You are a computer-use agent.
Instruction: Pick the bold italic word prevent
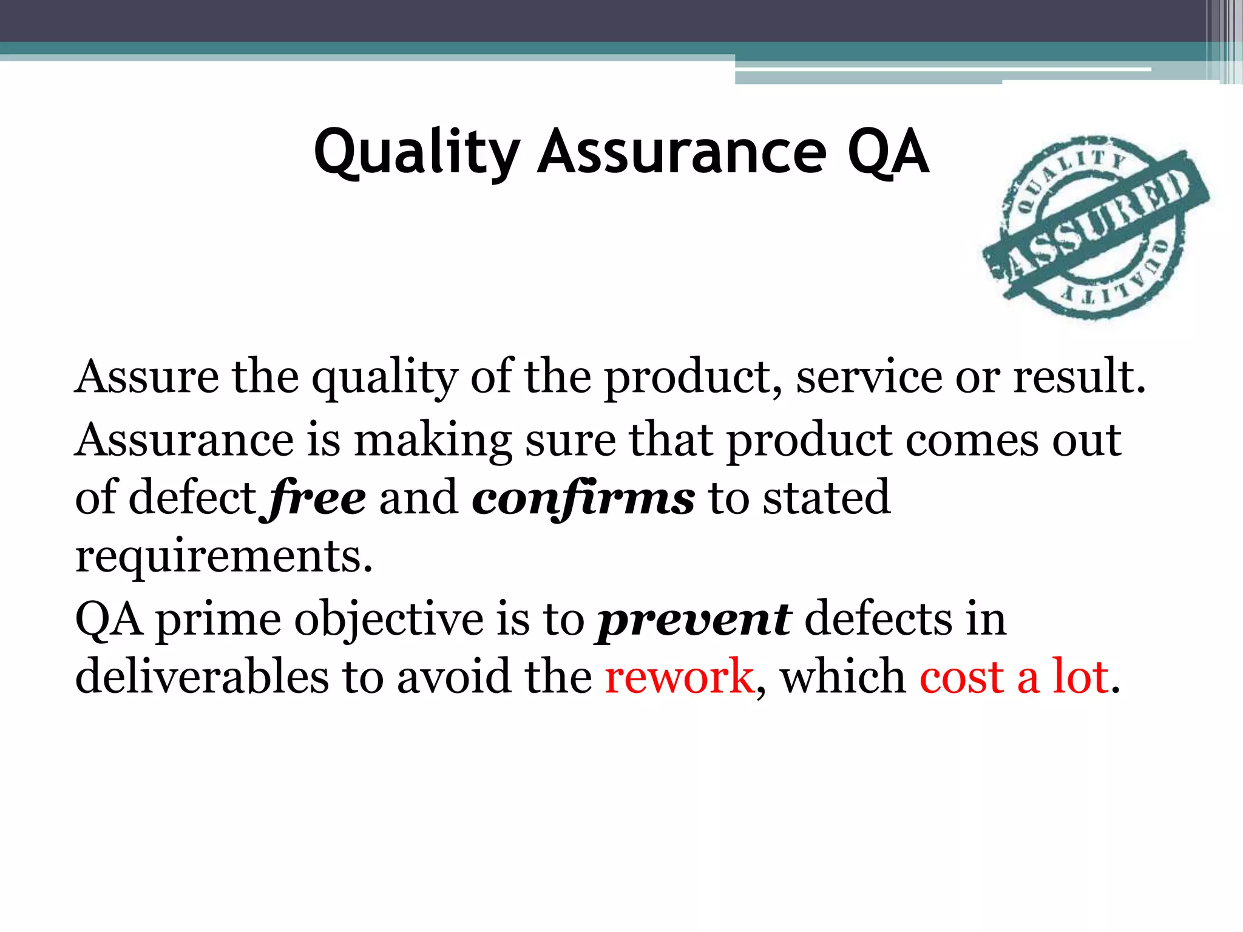coord(694,620)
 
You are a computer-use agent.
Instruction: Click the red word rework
coord(679,677)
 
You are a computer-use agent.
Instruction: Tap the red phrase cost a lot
coord(1014,677)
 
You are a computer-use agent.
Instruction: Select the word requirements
coord(223,557)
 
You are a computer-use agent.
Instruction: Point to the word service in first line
coord(869,377)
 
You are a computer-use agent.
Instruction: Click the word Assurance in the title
coord(682,153)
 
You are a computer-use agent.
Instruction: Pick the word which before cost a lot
coord(843,677)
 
